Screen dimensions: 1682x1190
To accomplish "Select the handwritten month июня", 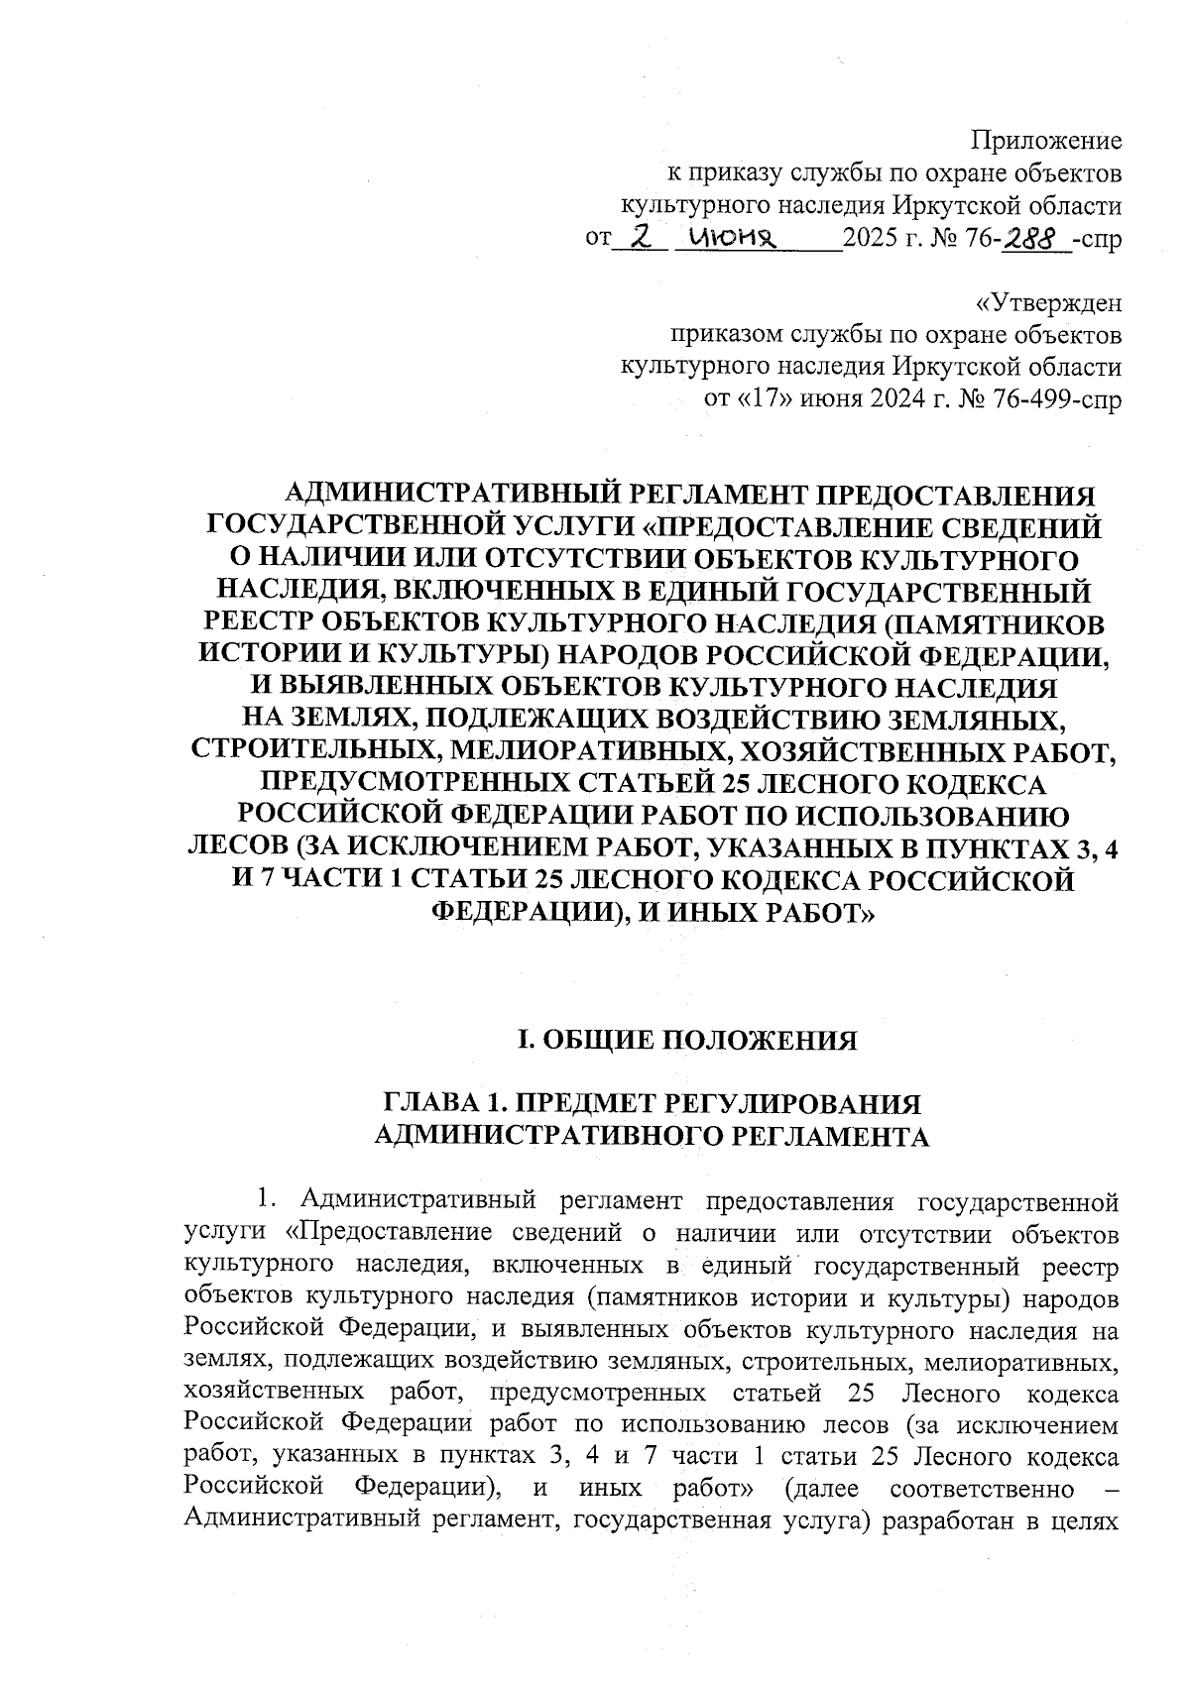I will click(734, 239).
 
